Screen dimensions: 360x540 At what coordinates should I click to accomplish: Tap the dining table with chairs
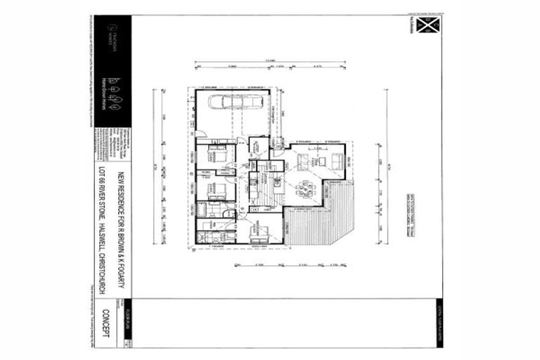coord(303,188)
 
